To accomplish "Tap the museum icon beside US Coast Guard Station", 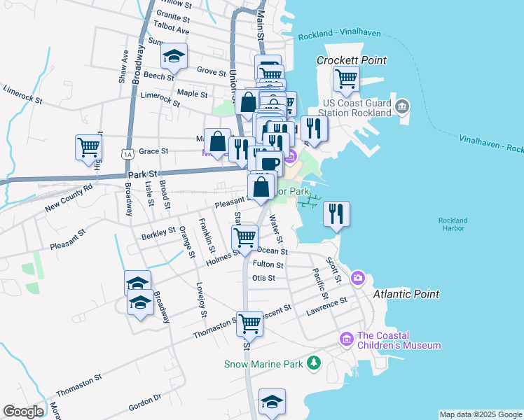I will pyautogui.click(x=402, y=106).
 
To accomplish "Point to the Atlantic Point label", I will pyautogui.click(x=406, y=294).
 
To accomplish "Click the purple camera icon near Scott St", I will pyautogui.click(x=358, y=279).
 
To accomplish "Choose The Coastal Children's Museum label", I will pyautogui.click(x=399, y=339).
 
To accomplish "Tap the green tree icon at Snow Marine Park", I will pyautogui.click(x=315, y=363).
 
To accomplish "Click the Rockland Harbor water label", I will pyautogui.click(x=453, y=225).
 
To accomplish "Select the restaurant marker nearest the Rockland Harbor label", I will pyautogui.click(x=336, y=214).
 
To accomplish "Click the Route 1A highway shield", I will pyautogui.click(x=127, y=153).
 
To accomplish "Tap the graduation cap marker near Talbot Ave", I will pyautogui.click(x=174, y=57).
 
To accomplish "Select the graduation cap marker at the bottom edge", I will pyautogui.click(x=272, y=402).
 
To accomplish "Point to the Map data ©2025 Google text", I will pyautogui.click(x=480, y=414).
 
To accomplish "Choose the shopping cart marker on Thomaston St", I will pyautogui.click(x=249, y=324).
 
